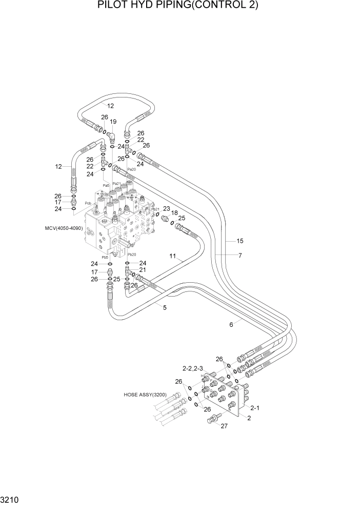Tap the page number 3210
point(11,499)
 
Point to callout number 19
point(113,122)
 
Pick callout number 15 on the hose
point(239,240)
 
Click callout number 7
point(239,255)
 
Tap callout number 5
point(165,307)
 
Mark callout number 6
point(231,324)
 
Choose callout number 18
point(174,212)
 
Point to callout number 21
point(143,270)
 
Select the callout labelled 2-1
point(255,408)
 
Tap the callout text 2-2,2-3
point(193,368)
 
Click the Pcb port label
point(88,204)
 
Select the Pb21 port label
point(155,209)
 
